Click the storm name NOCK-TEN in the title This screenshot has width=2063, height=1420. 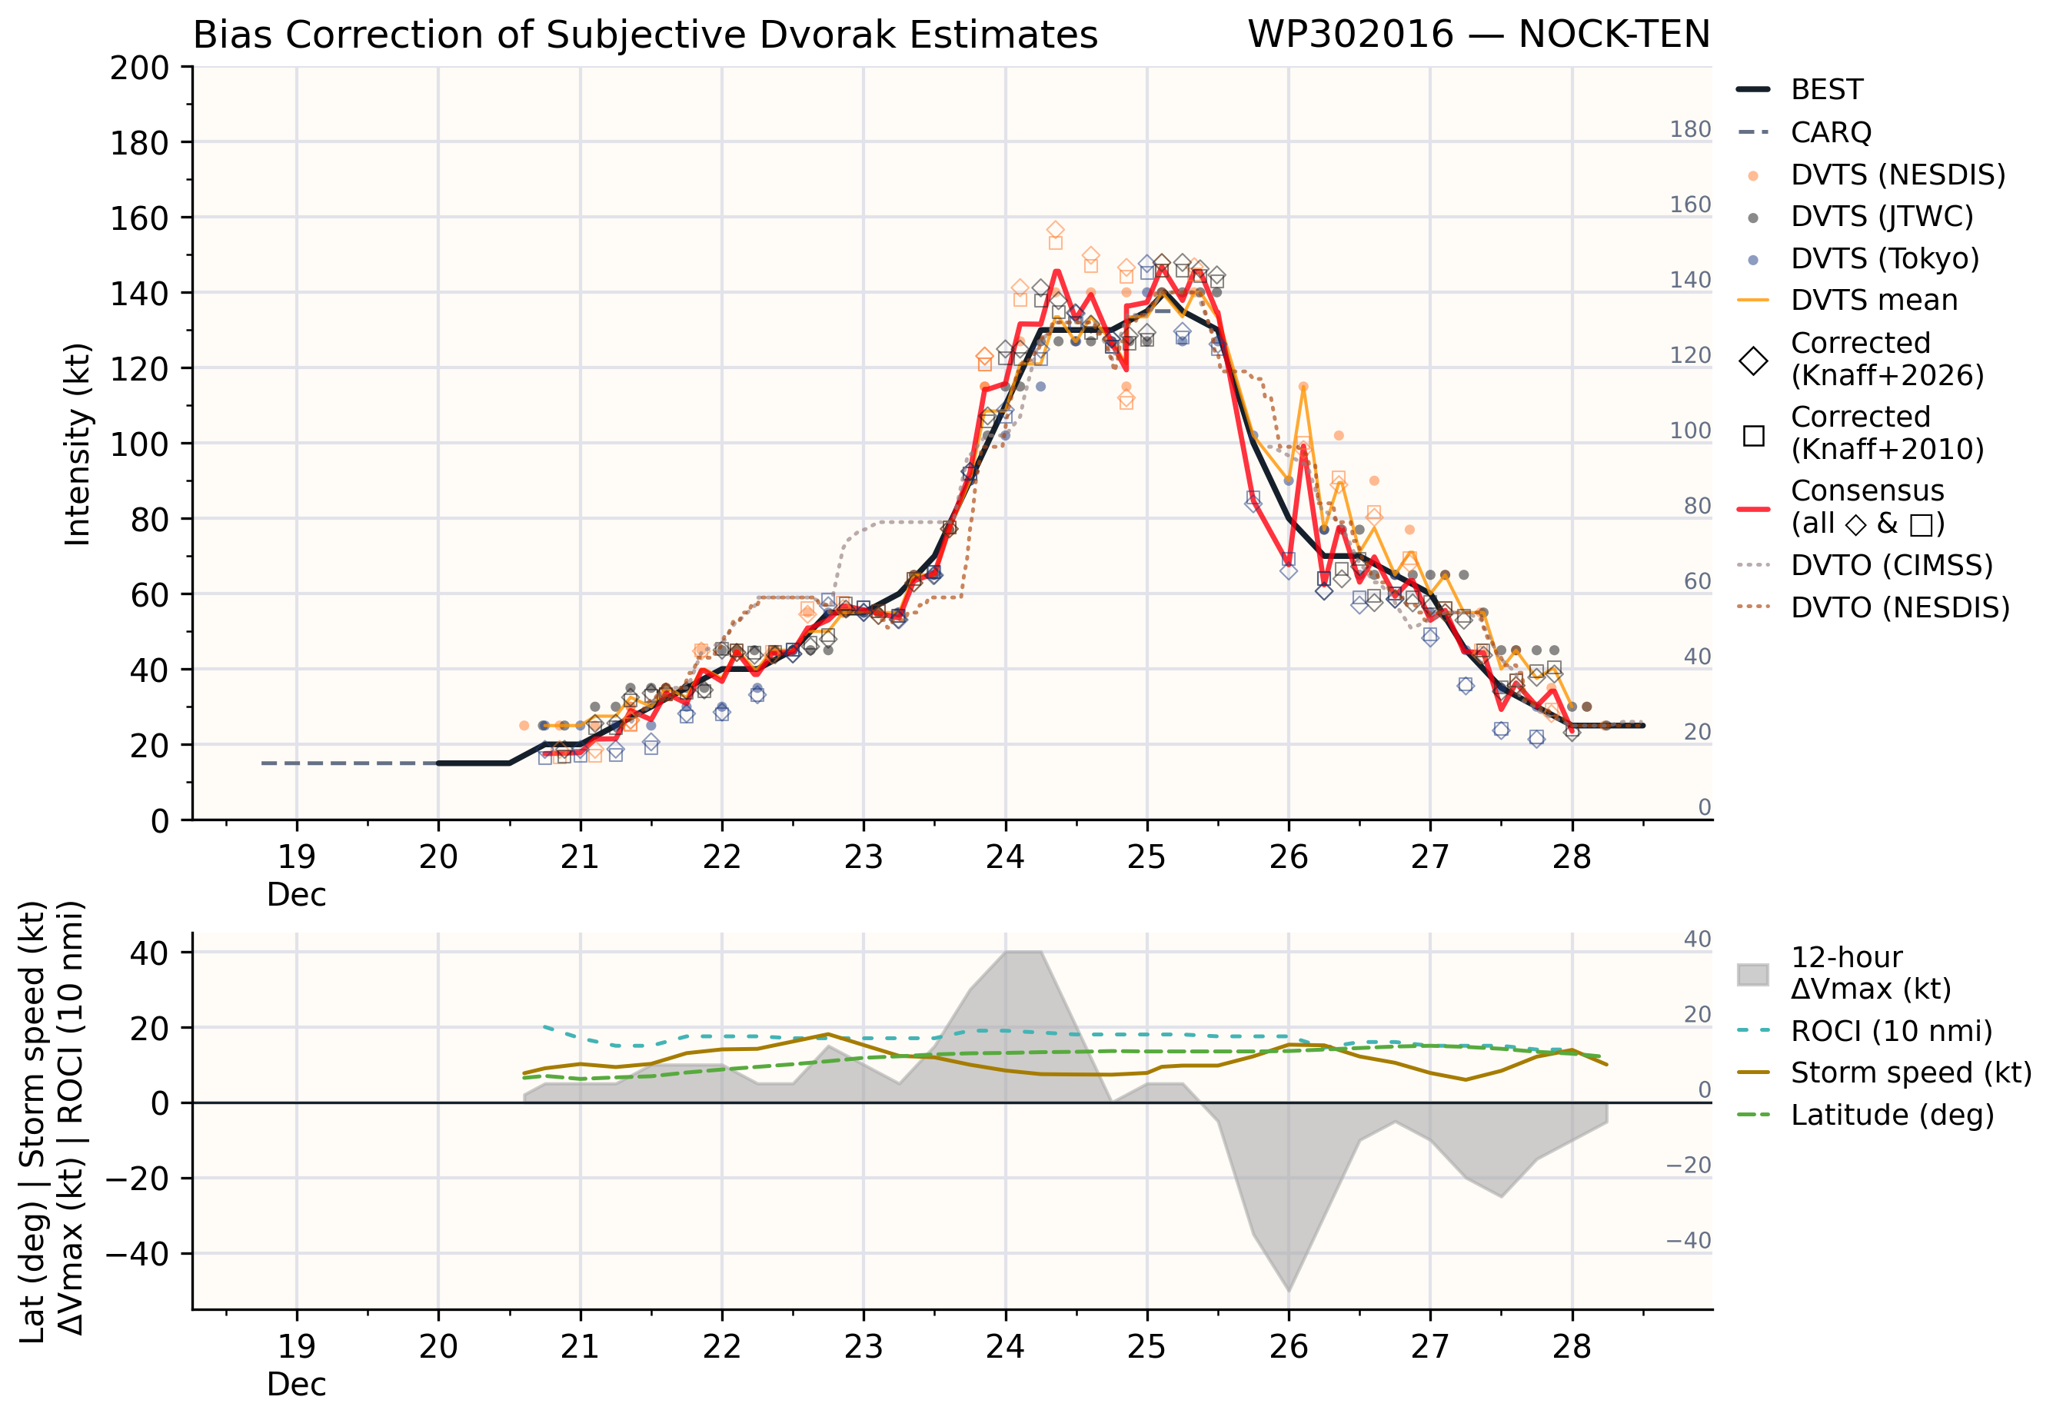coord(1614,35)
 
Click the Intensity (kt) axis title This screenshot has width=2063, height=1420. coord(78,444)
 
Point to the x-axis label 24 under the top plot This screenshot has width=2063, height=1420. coord(1004,856)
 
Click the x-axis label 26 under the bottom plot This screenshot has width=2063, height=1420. coord(1288,1347)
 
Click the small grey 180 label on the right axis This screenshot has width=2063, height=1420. coord(1690,130)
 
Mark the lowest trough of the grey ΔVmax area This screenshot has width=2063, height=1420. coord(1288,1290)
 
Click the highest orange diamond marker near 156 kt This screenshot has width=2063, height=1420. coord(1055,231)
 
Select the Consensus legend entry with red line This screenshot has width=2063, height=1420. coord(1841,507)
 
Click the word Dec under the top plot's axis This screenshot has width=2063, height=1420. coord(296,895)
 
